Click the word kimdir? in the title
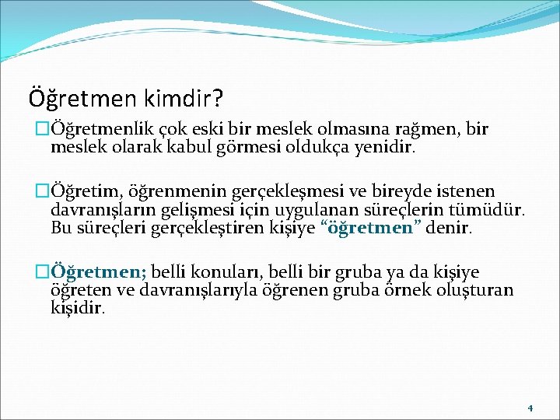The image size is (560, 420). [x=182, y=99]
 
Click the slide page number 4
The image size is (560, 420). [x=529, y=408]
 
